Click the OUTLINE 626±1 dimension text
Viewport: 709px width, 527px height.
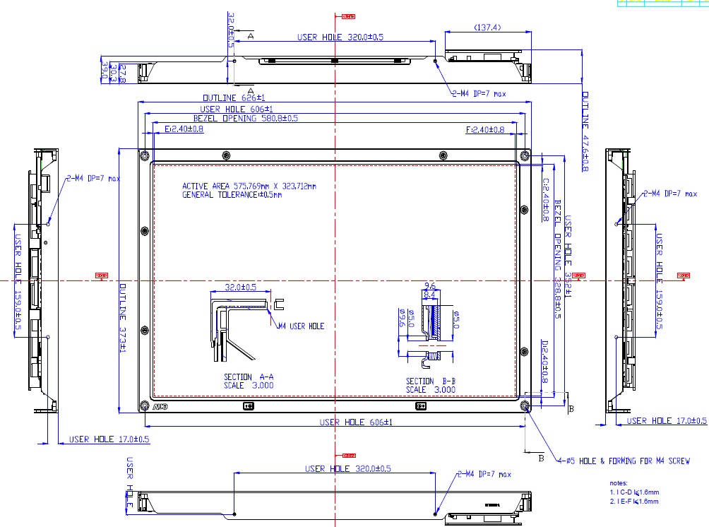point(234,97)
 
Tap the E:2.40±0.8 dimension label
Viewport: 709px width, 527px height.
point(184,129)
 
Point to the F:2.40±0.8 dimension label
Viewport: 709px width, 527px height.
point(485,129)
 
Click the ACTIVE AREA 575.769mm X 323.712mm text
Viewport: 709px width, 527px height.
point(249,186)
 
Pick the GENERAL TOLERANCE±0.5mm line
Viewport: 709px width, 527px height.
point(232,195)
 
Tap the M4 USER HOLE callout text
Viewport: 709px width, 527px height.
point(301,326)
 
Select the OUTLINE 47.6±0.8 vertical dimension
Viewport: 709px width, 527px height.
point(585,131)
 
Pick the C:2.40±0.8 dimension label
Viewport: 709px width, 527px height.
point(545,200)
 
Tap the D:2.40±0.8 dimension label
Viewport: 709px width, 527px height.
point(544,362)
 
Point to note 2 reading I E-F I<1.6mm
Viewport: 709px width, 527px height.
point(634,501)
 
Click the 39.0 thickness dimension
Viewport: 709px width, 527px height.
point(105,71)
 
